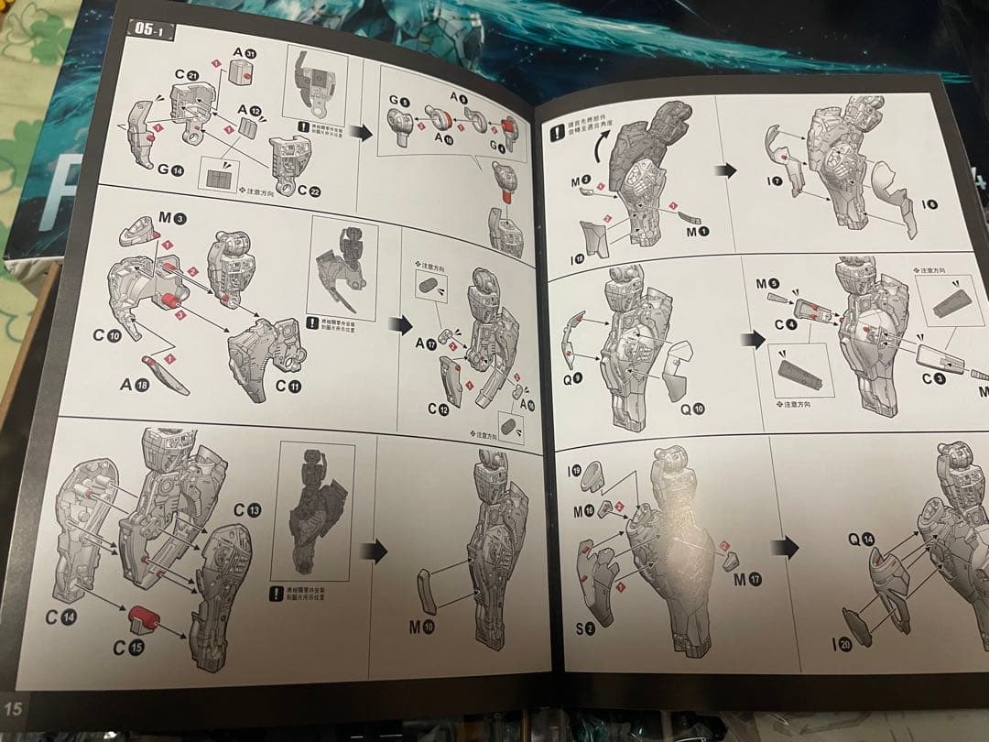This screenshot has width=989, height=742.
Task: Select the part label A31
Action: point(244,54)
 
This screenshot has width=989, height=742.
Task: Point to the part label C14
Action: point(62,617)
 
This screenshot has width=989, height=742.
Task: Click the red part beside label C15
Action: point(142,618)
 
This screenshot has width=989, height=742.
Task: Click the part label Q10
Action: point(692,409)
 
